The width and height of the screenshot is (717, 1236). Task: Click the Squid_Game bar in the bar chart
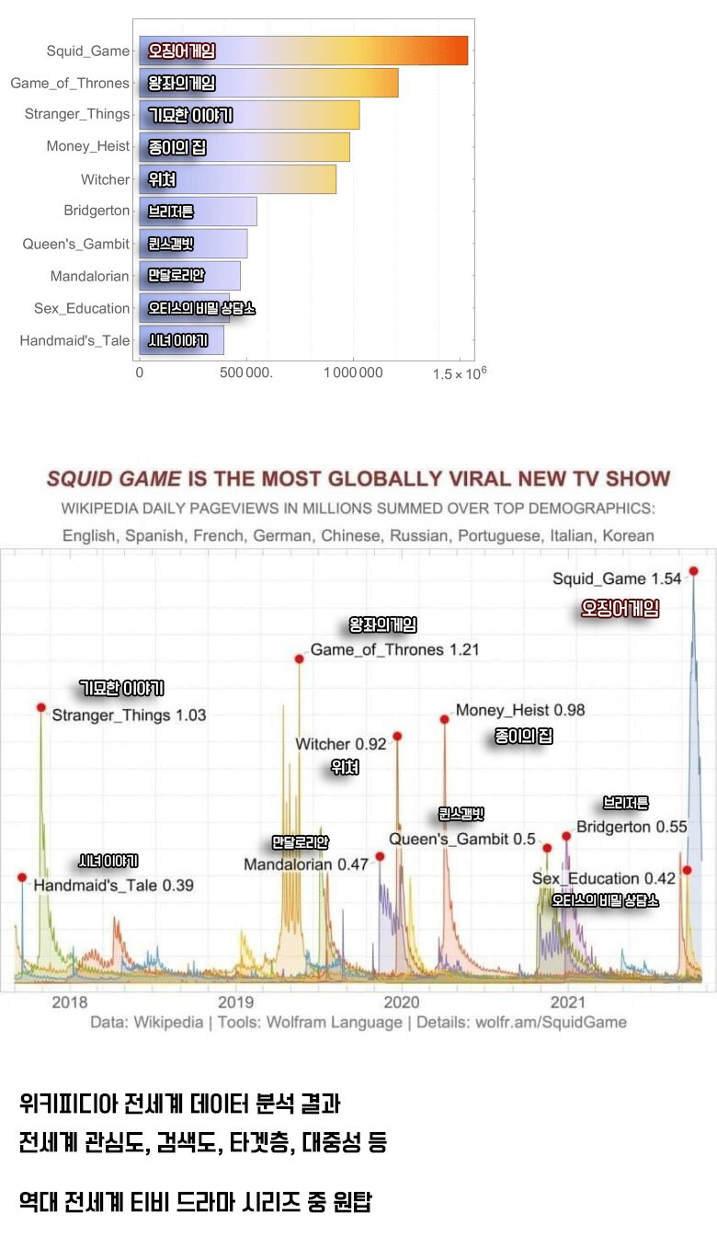303,51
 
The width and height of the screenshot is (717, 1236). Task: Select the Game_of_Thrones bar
268,83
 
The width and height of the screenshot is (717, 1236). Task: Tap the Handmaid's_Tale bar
181,340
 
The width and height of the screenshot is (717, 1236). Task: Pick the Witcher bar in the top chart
237,179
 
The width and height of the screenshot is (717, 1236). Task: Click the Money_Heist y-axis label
88,146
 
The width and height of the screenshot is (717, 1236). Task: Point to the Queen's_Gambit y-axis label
76,244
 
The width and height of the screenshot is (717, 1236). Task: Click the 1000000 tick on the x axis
353,372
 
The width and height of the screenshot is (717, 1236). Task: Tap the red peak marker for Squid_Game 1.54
693,571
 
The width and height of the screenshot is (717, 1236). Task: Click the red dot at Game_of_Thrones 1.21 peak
299,658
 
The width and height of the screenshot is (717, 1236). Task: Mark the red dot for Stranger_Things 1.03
41,707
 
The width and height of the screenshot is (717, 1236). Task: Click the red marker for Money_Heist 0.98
444,719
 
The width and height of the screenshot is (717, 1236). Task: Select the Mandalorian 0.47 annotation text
306,864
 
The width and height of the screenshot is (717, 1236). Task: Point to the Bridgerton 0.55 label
632,827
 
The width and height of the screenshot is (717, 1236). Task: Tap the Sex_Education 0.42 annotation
604,878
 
